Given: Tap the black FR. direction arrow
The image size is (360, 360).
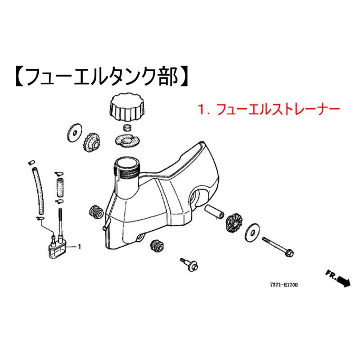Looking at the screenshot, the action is tap(344, 281).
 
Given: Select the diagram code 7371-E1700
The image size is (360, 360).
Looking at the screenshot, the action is tap(284, 285).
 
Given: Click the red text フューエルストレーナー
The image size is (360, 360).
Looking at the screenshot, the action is tap(278, 109).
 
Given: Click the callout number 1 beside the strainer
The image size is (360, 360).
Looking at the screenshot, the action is tap(80, 247).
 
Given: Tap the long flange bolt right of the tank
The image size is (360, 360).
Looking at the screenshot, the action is tap(278, 247).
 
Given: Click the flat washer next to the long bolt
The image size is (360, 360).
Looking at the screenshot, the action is tap(252, 233).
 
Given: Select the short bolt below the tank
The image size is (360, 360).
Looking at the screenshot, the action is tap(189, 265).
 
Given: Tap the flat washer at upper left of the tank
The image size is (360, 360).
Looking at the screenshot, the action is tap(74, 133).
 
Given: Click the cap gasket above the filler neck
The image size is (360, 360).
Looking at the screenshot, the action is tap(127, 141).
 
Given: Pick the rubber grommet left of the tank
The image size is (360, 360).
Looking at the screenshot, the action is tap(96, 211).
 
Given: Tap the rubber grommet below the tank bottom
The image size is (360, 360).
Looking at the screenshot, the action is tap(157, 247).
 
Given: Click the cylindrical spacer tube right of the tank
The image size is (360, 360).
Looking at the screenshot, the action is tap(214, 211).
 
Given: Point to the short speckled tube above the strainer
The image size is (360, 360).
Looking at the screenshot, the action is tap(60, 187).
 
